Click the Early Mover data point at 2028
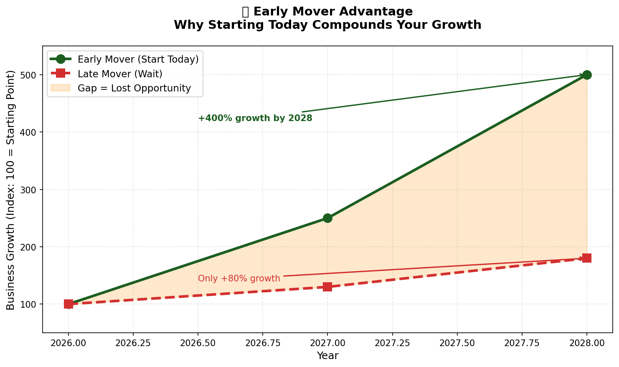coord(586,75)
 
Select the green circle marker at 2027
coord(327,218)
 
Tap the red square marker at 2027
coord(327,287)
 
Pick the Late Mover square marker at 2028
coord(586,258)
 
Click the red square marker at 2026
coord(68,304)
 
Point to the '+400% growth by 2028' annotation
coord(255,119)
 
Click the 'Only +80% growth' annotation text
coord(239,278)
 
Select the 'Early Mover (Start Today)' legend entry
coord(138,60)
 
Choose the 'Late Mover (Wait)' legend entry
coord(120,74)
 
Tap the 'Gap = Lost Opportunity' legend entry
coord(134,89)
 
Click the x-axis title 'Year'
coord(327,356)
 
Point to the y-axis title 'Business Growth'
coord(11,190)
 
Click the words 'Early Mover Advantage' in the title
coord(333,12)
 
